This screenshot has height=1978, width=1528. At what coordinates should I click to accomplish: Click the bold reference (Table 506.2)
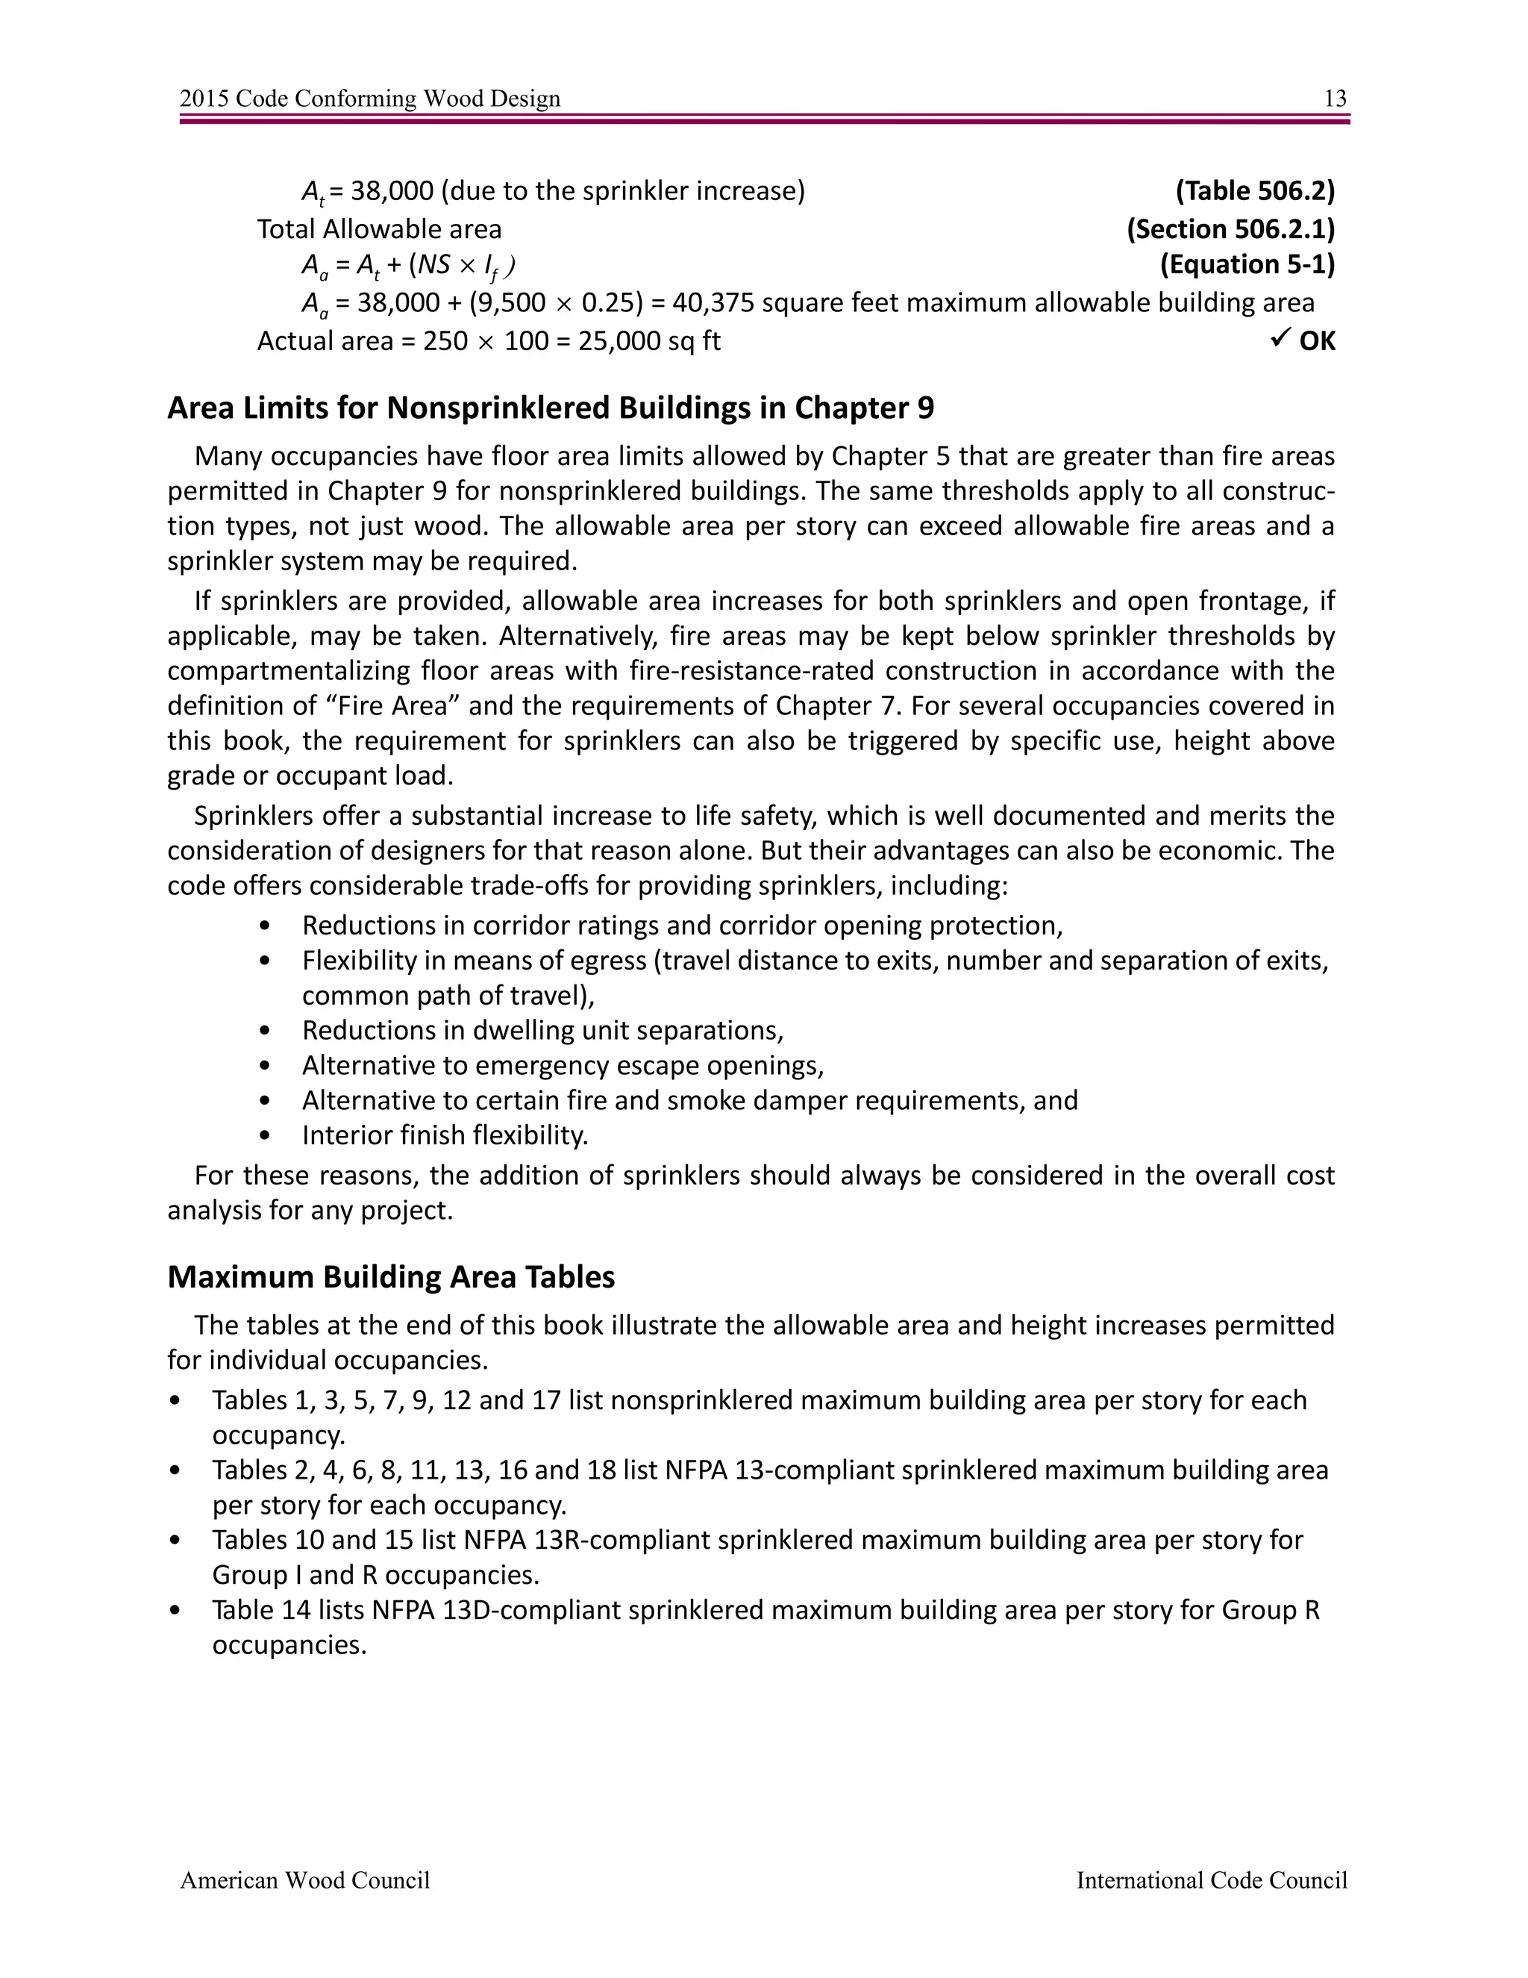tap(1255, 191)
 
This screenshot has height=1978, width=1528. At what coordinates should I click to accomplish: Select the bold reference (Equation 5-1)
tap(1247, 264)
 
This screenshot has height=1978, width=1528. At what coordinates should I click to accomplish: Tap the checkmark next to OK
tap(1279, 340)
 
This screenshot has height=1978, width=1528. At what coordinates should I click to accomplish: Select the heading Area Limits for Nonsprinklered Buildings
tap(551, 408)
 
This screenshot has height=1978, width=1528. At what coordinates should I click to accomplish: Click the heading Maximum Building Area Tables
tap(391, 1277)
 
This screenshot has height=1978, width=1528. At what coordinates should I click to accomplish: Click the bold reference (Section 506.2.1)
tap(1230, 229)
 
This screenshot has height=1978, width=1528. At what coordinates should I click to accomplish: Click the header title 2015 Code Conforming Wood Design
tap(370, 99)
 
